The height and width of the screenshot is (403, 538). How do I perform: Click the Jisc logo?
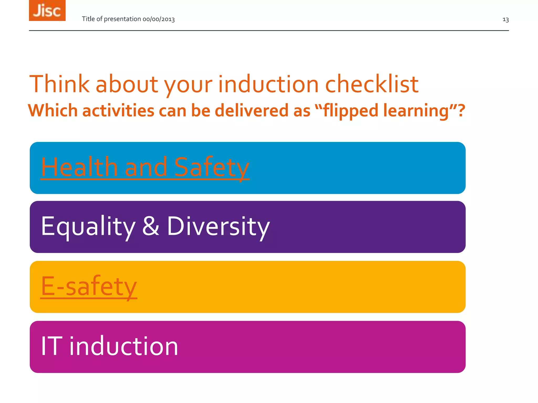click(47, 10)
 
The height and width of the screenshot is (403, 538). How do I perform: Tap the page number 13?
click(505, 20)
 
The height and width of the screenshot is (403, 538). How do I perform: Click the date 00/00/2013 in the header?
click(158, 19)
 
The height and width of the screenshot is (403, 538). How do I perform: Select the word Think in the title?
click(59, 84)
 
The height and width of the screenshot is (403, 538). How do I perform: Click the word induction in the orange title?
click(268, 84)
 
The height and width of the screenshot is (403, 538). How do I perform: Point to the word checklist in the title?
click(371, 84)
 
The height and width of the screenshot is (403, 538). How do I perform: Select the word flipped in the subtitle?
click(351, 110)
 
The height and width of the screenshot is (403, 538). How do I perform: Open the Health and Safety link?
click(145, 167)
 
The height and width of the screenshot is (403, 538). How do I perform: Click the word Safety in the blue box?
click(211, 167)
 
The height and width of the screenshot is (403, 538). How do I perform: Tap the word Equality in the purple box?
click(88, 226)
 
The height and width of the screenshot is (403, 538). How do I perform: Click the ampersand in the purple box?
click(151, 226)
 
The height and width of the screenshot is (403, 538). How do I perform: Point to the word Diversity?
click(218, 226)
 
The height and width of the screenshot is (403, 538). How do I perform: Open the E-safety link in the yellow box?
click(89, 286)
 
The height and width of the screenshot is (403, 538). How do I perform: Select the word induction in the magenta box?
click(123, 346)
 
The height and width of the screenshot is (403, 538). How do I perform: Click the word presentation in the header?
click(122, 19)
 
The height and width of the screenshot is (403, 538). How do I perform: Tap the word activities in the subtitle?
click(118, 110)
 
